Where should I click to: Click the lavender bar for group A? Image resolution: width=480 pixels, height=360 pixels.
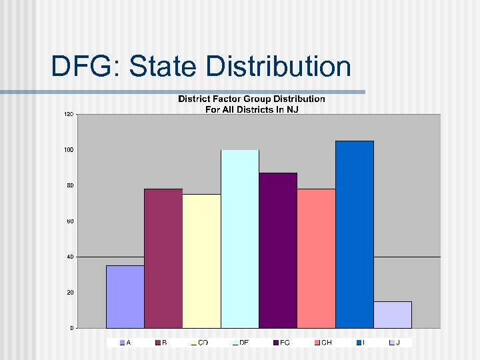click(x=125, y=297)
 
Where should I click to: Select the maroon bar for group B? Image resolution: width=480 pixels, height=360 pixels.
click(x=163, y=258)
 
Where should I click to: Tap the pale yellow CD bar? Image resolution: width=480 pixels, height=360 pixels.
click(x=201, y=261)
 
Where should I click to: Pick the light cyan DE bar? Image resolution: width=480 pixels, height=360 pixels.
click(x=240, y=239)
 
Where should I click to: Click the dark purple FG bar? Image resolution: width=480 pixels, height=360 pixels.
click(x=278, y=250)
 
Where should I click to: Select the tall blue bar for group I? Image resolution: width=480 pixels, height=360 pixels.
click(x=355, y=234)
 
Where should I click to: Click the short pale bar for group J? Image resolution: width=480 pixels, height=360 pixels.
click(x=393, y=315)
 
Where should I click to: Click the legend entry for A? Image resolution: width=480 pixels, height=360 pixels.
click(x=125, y=342)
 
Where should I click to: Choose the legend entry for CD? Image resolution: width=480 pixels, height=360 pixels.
click(x=199, y=342)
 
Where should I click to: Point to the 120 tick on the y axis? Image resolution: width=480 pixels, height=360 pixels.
click(x=69, y=115)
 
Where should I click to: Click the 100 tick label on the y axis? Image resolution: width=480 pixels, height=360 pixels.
click(x=69, y=150)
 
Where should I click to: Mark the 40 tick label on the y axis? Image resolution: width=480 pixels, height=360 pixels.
click(x=69, y=257)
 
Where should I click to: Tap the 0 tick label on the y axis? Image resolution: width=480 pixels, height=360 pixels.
click(x=71, y=328)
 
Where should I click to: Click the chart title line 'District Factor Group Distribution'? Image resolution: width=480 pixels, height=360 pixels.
click(x=251, y=99)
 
